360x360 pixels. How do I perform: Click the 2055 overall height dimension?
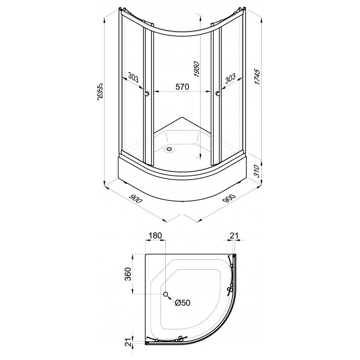click(x=100, y=91)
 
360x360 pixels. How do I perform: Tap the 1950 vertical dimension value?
click(x=197, y=69)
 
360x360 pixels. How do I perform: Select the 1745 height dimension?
click(x=257, y=77)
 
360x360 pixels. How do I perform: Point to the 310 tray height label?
click(x=257, y=171)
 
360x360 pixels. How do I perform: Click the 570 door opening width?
click(x=182, y=87)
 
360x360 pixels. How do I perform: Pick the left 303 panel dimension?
click(x=133, y=77)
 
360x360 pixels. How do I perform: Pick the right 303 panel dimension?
click(x=230, y=78)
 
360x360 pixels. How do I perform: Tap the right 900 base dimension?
click(x=229, y=198)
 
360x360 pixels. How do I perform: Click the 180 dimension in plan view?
click(x=155, y=236)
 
